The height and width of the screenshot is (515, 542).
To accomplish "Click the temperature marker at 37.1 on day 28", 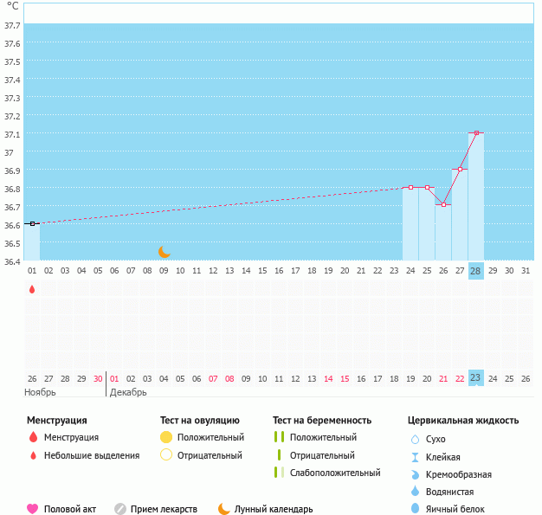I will pos(476,133).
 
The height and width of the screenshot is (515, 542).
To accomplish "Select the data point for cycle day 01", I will pos(32,223).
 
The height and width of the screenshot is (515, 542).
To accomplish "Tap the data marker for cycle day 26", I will pos(443,204).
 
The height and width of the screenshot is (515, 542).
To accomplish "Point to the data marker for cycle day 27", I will pos(460,170).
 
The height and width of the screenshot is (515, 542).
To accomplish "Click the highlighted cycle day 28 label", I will pos(475,271).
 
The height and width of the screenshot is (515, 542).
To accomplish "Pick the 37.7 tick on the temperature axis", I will pos(12,26).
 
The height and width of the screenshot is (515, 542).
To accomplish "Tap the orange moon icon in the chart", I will pos(165,252).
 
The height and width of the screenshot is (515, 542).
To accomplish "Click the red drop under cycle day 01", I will pos(32,290).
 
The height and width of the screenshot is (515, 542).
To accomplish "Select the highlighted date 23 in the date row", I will pos(475,378).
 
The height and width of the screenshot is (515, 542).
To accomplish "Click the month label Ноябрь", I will pos(40,392).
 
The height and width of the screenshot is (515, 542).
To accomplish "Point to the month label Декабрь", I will pos(128,392).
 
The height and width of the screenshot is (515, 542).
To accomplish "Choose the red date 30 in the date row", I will pos(98,378).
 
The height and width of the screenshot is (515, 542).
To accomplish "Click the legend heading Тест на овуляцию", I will pos(199,421).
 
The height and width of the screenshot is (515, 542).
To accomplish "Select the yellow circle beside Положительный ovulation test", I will pos(166,437).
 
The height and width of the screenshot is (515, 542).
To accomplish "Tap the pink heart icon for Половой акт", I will pos(33,509).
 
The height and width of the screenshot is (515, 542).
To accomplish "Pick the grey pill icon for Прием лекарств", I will pos(120,509).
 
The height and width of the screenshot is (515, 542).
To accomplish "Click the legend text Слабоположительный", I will pos(335,473).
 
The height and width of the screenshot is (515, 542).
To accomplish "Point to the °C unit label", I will pos(12,6).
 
